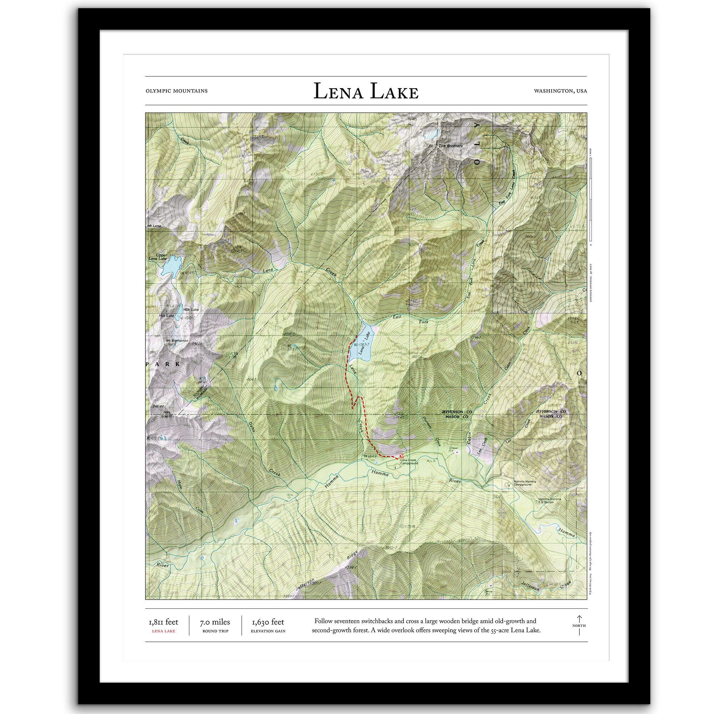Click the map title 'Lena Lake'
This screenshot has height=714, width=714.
(366, 92)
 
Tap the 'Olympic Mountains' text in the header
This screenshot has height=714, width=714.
(176, 91)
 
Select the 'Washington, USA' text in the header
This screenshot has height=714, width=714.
(560, 91)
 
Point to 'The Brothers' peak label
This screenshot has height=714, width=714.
(450, 146)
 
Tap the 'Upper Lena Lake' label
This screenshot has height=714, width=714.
(157, 257)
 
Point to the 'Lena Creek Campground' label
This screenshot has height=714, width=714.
(409, 462)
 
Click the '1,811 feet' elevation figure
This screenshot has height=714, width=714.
(164, 622)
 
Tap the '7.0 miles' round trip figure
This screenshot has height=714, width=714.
(215, 622)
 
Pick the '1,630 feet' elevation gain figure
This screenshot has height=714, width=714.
(268, 622)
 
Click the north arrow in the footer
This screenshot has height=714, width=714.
(579, 625)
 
